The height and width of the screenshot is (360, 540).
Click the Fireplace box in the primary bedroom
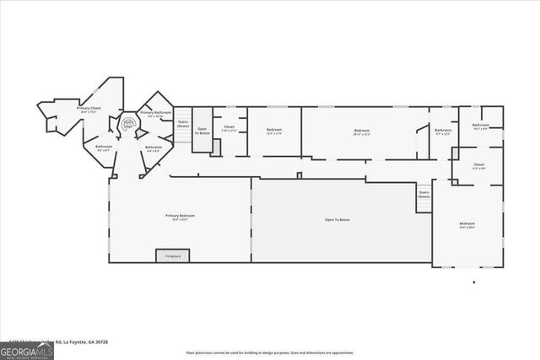coord(173,255)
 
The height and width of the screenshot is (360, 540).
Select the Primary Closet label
coord(89,110)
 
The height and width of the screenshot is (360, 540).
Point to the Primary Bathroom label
coord(156,114)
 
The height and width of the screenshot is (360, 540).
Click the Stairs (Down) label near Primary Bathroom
coord(183,123)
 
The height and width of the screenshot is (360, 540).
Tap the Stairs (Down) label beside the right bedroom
coord(424,194)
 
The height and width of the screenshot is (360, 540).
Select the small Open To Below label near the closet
coord(202,132)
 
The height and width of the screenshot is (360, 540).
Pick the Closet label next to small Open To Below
coord(229,129)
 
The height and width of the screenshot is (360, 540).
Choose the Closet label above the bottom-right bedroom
coord(478,166)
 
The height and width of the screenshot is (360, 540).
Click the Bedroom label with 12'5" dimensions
coord(274,132)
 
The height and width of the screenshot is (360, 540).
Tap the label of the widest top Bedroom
coord(362,132)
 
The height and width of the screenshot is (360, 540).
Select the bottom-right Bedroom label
coord(467,225)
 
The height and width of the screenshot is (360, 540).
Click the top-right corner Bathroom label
coord(481,126)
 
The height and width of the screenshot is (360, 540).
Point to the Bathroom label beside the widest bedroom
coord(443,132)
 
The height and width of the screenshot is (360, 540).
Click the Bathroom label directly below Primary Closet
coord(104,148)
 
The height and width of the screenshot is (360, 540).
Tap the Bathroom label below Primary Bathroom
coord(154,148)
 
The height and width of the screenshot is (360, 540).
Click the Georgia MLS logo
coord(27,348)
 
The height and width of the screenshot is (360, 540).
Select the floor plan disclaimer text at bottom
coord(270,352)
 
